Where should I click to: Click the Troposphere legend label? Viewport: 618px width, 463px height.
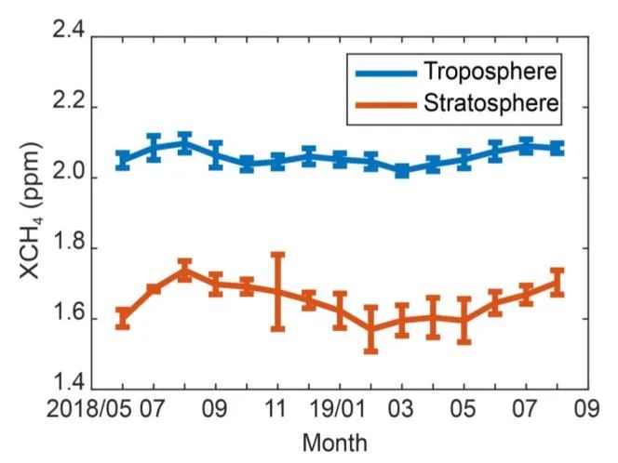point(491,71)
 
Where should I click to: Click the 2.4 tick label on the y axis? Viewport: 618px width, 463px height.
point(69,35)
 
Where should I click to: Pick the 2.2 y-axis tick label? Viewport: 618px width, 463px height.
point(69,106)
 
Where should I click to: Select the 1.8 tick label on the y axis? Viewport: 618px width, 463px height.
point(69,247)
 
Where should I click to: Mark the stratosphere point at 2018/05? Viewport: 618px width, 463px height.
point(123,319)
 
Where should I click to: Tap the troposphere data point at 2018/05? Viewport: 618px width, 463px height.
point(123,160)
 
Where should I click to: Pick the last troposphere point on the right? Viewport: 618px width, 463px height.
point(558,148)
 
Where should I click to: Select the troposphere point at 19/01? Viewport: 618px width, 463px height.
point(340,160)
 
